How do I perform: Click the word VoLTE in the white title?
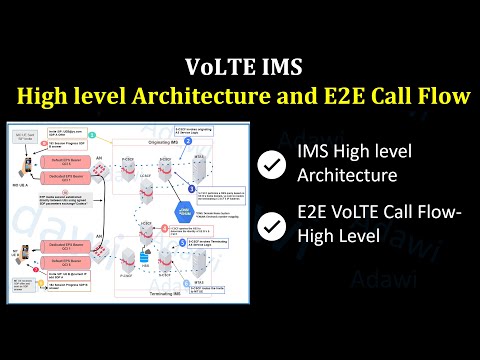pos(214,68)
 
